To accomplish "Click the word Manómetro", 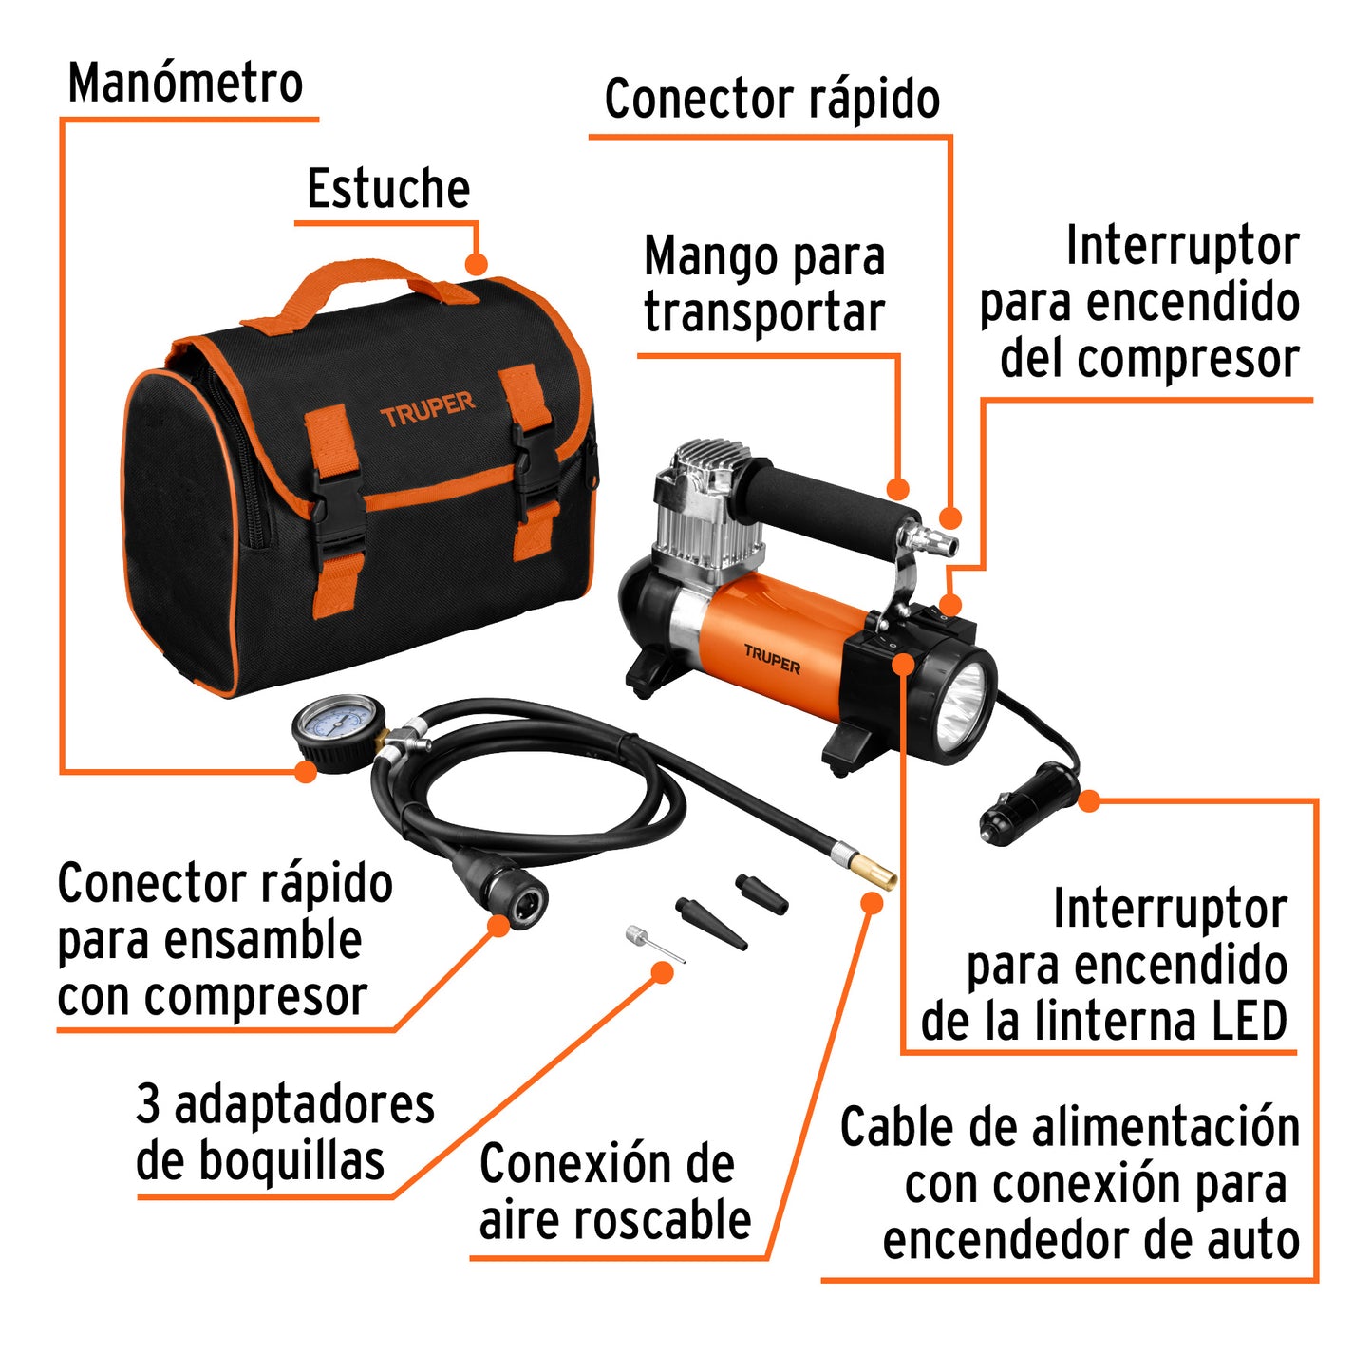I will [185, 84].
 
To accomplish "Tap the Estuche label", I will [388, 189].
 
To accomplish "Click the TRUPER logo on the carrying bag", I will [426, 409].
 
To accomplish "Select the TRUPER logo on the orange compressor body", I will [771, 659].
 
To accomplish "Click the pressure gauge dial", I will [335, 728].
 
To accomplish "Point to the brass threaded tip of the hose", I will [872, 870].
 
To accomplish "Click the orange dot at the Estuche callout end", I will [476, 264].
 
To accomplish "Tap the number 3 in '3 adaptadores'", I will [148, 1104].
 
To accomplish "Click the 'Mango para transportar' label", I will [763, 285].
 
